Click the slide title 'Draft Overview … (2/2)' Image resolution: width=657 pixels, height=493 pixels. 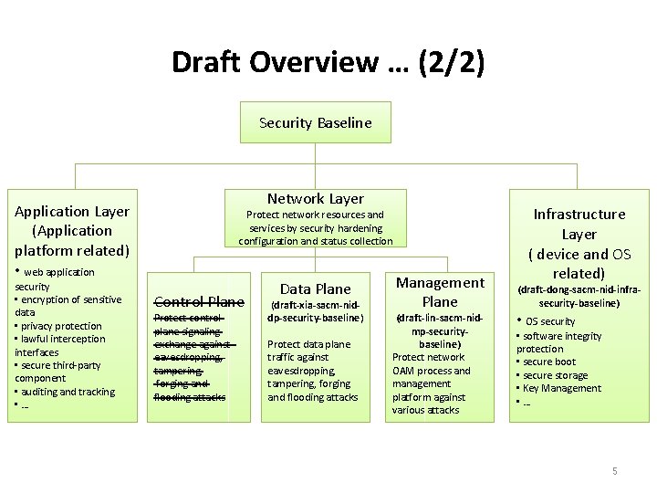[x=328, y=62]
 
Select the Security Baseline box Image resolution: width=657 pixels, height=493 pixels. [x=316, y=122]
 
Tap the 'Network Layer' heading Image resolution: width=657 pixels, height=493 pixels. [x=316, y=198]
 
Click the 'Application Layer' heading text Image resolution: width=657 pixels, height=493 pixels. [x=73, y=211]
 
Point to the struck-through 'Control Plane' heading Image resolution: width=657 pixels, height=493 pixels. [x=199, y=301]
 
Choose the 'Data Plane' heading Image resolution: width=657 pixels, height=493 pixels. [x=316, y=288]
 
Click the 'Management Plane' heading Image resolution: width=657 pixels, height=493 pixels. [x=441, y=292]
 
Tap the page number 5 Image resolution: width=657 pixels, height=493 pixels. [x=615, y=471]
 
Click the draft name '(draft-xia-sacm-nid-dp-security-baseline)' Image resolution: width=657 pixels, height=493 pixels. [x=316, y=311]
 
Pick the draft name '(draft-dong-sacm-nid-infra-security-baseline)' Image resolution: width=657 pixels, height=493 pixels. [x=579, y=296]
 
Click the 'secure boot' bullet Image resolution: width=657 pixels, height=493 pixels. [x=551, y=362]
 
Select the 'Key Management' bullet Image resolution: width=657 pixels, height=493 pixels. [x=562, y=388]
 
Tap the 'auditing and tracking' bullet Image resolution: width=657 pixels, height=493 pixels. [x=68, y=392]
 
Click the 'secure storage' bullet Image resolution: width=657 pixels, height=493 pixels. [x=557, y=375]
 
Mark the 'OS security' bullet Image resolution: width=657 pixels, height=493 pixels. [x=550, y=321]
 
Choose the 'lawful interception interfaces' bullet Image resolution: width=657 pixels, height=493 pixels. [x=61, y=345]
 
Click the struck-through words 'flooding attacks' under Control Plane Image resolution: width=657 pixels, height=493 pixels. [x=190, y=397]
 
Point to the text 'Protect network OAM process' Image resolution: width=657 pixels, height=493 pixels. [x=431, y=363]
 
